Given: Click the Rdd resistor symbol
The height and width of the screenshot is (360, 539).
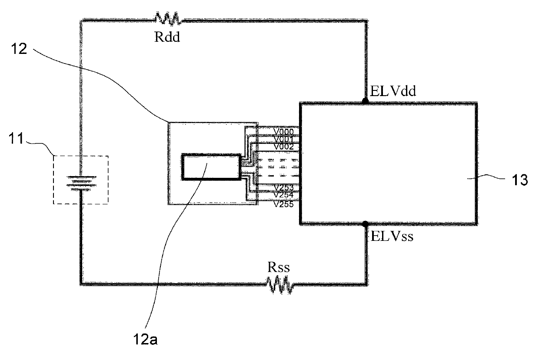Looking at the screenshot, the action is point(167,18).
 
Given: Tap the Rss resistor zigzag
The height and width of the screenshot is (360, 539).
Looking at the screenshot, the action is point(280,285).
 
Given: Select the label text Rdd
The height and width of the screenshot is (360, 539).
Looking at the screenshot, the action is point(167,37).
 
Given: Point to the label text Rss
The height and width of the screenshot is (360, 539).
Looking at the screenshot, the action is point(278,267).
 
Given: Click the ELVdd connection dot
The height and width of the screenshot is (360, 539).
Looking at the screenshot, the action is point(365,101).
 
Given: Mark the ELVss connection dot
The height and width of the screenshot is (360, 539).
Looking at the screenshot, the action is point(365,224).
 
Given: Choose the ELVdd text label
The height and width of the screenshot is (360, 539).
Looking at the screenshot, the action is point(393,91).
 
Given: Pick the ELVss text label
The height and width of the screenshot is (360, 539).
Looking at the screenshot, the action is point(392,236).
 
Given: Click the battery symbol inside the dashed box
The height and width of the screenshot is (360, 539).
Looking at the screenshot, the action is point(82,183).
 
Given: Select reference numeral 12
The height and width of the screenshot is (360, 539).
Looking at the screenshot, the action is point(19,49).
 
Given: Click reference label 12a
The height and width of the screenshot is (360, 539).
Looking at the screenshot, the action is point(145,340).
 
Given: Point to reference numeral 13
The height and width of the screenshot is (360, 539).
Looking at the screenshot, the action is point(520,180).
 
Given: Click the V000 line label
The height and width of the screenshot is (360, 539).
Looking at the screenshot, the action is point(284,132).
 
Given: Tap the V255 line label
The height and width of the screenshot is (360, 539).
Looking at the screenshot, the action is point(284,204).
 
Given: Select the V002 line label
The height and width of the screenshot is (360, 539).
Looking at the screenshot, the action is point(284,147).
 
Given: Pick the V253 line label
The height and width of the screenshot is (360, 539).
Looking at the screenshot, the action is point(284,187).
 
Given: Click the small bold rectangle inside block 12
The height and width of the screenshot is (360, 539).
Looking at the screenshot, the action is point(211,167).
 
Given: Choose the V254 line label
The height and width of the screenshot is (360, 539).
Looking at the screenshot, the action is point(284,195).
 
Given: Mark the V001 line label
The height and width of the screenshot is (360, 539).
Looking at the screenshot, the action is point(284,139).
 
